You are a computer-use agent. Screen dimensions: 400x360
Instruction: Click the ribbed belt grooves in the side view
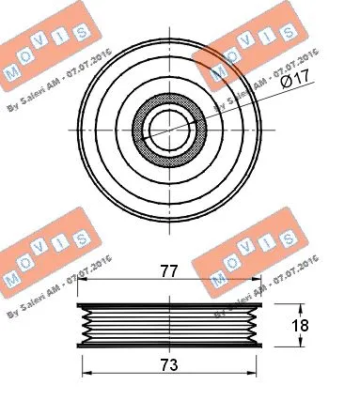tap(168, 328)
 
